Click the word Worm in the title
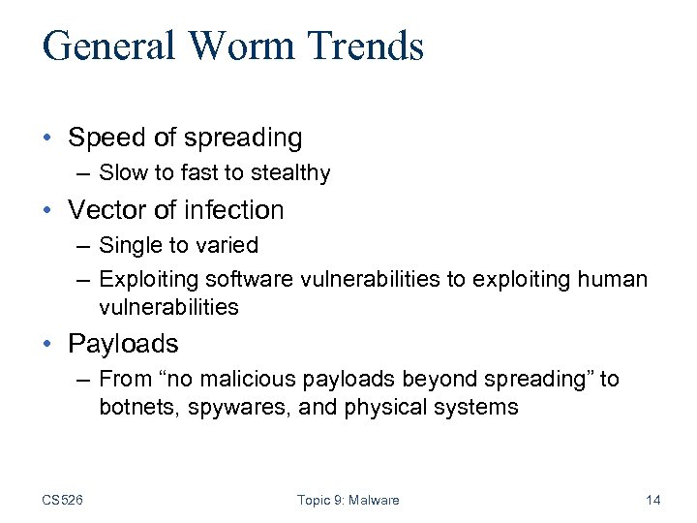click(238, 46)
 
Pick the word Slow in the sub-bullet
click(122, 174)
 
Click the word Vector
click(105, 210)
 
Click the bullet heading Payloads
click(124, 344)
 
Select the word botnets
click(133, 408)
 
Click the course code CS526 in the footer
click(62, 500)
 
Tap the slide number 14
click(652, 500)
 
